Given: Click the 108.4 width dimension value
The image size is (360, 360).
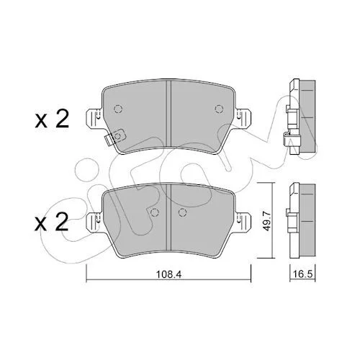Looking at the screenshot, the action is (x=168, y=274).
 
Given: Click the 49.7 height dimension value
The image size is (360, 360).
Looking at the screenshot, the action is (x=266, y=220).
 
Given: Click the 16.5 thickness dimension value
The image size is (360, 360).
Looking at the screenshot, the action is (x=303, y=274).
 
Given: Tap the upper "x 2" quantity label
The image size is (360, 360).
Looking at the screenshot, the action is (x=52, y=119).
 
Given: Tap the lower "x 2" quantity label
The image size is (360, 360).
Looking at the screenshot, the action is (x=51, y=222).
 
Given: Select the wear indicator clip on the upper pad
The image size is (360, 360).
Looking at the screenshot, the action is (x=115, y=137).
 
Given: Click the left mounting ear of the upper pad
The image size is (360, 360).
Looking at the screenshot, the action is (x=95, y=120).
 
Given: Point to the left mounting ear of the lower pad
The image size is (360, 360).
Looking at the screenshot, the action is (x=95, y=222).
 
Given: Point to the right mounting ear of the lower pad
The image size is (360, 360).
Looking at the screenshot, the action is (x=243, y=222).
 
